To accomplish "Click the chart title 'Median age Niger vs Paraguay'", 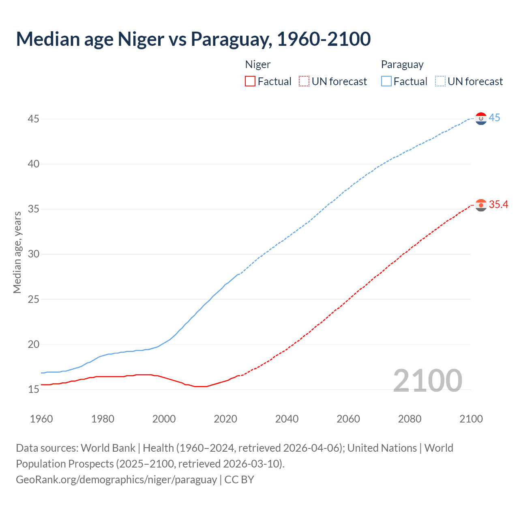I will tap(193, 39).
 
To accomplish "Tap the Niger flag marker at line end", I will tap(481, 205).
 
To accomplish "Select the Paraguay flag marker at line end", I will tap(481, 118).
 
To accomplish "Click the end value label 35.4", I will tap(498, 204).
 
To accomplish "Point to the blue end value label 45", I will tap(494, 118).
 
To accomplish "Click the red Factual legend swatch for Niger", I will tap(250, 81).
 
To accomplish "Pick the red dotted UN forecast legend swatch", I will tap(304, 81).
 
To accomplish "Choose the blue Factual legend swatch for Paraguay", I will tap(386, 81).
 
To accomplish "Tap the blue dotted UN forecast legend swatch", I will tap(440, 81).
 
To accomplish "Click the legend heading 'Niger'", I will tap(257, 64).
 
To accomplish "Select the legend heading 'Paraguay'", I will tap(402, 64).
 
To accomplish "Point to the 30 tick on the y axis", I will tap(34, 254).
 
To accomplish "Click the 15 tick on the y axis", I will tap(34, 390).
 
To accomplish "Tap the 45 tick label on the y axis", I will tap(34, 119).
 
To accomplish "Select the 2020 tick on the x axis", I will tap(225, 419).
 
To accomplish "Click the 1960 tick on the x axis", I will tap(41, 419).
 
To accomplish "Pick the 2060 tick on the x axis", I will tap(348, 419).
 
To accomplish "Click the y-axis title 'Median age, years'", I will tap(17, 252).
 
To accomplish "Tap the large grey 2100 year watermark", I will tap(427, 380).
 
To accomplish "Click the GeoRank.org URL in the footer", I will tap(116, 479).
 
